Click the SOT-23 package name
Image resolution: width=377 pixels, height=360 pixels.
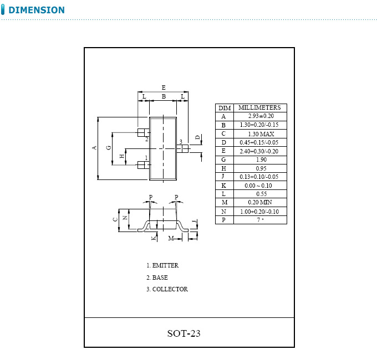184,333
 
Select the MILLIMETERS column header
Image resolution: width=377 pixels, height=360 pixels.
260,107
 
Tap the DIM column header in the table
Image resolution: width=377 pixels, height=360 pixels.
224,108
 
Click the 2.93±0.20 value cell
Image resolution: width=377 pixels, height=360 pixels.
261,116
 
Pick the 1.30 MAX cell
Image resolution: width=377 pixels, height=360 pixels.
261,133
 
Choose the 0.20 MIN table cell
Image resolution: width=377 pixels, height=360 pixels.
261,202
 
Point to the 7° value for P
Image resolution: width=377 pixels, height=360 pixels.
261,219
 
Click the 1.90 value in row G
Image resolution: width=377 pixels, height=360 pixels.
261,160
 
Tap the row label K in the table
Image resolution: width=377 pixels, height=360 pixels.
224,185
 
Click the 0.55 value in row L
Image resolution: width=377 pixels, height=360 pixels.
261,194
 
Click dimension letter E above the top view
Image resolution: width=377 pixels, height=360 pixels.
164,87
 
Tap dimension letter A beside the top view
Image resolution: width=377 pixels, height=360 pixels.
95,147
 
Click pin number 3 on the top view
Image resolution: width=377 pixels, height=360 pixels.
181,142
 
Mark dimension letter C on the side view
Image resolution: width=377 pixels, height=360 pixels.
115,219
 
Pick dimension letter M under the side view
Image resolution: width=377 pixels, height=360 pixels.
171,238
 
